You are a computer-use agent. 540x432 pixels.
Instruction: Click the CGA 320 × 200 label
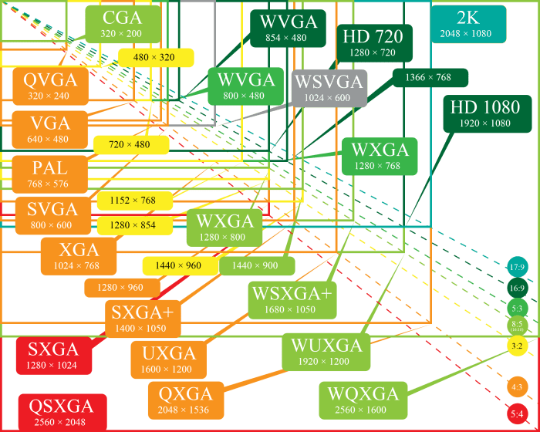coord(122,24)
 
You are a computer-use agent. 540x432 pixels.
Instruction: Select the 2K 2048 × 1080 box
coord(468,25)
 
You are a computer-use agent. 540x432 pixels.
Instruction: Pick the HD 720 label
coord(375,42)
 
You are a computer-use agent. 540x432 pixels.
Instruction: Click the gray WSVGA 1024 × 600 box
coord(321,87)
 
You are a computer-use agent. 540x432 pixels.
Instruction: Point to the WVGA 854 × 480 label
coord(289,29)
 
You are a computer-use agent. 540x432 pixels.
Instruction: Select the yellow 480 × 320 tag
coord(154,57)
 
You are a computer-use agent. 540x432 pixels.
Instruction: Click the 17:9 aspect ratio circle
coord(517,268)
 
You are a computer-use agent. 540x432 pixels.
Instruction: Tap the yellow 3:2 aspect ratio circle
coord(517,346)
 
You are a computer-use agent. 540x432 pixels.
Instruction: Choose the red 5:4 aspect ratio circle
coord(517,413)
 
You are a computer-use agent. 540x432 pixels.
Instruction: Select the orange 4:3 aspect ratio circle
coord(517,386)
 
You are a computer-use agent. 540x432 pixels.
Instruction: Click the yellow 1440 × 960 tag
coord(178,265)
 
